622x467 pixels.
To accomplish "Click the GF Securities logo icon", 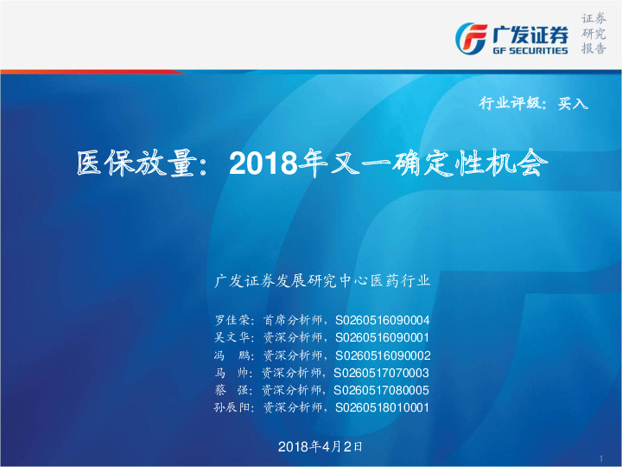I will click(x=472, y=37).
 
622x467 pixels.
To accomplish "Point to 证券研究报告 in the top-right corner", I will click(x=593, y=34).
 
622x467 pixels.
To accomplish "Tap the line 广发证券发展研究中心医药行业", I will click(x=321, y=281).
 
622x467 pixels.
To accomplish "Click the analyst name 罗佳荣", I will click(x=231, y=320).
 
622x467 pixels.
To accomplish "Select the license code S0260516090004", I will click(x=382, y=320).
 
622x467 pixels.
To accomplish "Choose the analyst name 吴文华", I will click(x=231, y=337).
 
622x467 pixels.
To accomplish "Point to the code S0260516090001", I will click(x=382, y=337).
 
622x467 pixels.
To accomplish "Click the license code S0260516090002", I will click(x=382, y=355).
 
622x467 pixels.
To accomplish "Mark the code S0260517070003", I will click(x=382, y=373).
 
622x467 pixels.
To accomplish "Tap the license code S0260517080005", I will click(x=382, y=390).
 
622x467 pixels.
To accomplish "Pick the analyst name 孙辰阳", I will click(x=231, y=408).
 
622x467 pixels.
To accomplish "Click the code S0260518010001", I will click(x=382, y=408).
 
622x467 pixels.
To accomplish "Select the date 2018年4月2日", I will click(x=321, y=446).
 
